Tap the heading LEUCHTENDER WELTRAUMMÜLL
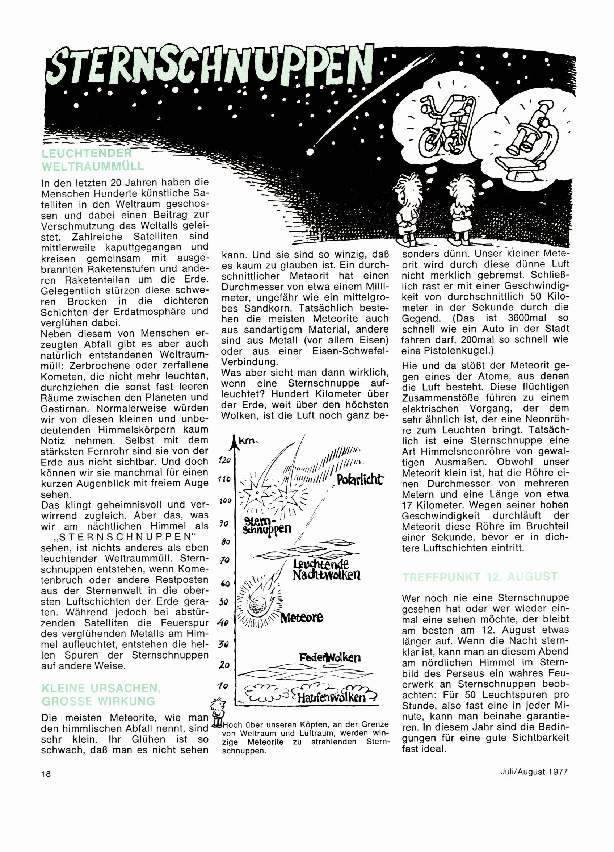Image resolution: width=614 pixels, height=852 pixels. pos(92,160)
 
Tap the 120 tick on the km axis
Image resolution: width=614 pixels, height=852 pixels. pos(224,460)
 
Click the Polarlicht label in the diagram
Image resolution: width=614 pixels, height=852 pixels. pos(360,480)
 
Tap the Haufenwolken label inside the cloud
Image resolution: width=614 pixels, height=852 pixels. pos(331,697)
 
